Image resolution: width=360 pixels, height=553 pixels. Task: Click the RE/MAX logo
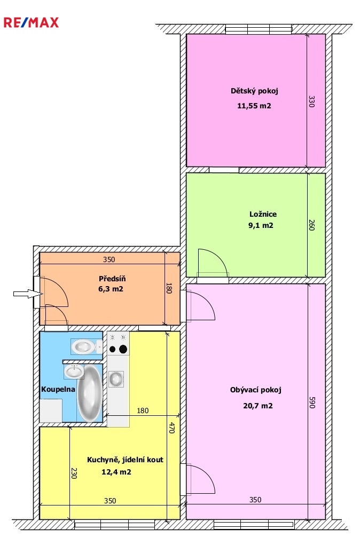point(31,22)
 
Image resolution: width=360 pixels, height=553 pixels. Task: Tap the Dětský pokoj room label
point(254,91)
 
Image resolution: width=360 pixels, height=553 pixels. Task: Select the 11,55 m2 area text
point(254,106)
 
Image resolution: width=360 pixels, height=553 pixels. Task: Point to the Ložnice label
point(263,214)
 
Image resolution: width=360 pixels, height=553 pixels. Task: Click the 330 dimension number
point(311,101)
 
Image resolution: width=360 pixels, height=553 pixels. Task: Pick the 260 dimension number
point(311,225)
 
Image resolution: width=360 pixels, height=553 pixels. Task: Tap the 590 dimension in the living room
point(312,402)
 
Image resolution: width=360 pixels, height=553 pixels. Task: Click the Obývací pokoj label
point(255,390)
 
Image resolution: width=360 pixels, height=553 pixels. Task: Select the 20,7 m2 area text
point(257,406)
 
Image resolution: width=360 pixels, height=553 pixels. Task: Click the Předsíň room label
point(112,279)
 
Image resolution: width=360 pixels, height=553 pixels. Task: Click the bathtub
point(90,393)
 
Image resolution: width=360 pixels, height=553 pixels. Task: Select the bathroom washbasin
point(74,372)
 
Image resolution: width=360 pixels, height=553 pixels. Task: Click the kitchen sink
point(116,379)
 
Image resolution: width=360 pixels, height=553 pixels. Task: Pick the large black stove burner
point(123,349)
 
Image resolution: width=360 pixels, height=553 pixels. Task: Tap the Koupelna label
point(58,389)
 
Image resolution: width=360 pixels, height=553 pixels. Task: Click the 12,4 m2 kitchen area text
point(116,472)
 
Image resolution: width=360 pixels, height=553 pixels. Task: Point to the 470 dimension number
point(172,428)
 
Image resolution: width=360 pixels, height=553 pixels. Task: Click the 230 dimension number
point(73,473)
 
